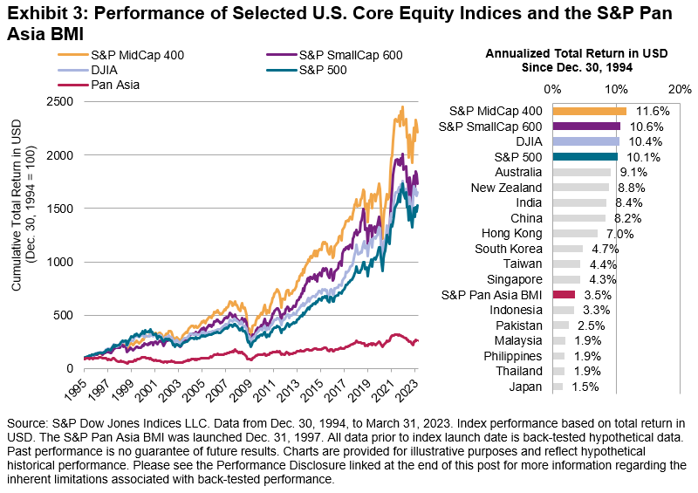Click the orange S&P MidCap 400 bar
(x=589, y=111)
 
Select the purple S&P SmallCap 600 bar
(x=585, y=127)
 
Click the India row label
(x=528, y=203)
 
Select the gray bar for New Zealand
(x=580, y=188)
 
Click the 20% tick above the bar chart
(x=680, y=89)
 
